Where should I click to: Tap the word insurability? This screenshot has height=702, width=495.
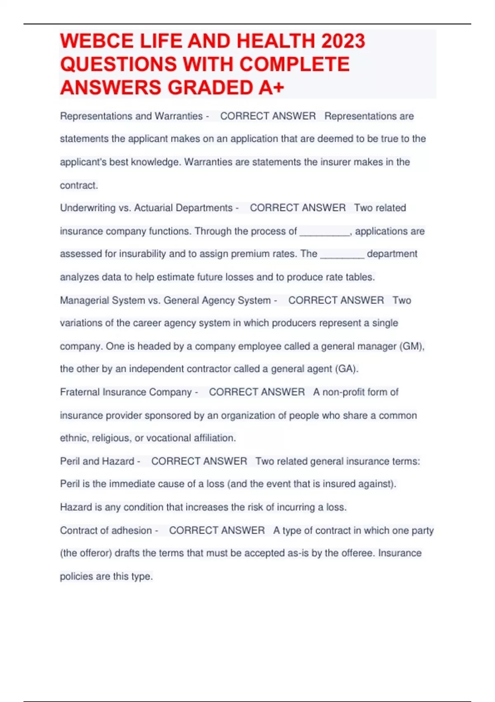pyautogui.click(x=142, y=254)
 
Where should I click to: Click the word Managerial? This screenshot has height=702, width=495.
pyautogui.click(x=82, y=300)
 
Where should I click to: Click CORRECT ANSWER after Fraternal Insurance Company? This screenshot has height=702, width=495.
pyautogui.click(x=257, y=392)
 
